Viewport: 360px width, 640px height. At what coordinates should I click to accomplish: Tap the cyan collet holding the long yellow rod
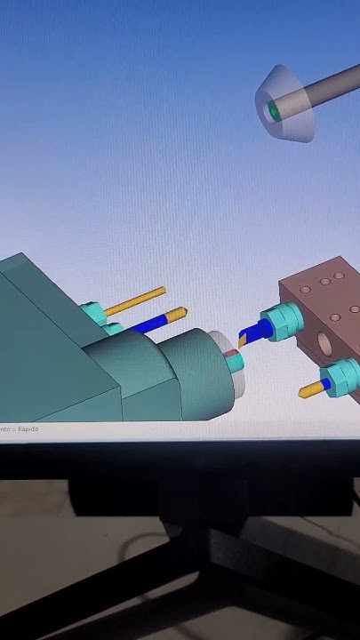[90, 314]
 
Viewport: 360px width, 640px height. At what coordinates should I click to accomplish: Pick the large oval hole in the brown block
[320, 342]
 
